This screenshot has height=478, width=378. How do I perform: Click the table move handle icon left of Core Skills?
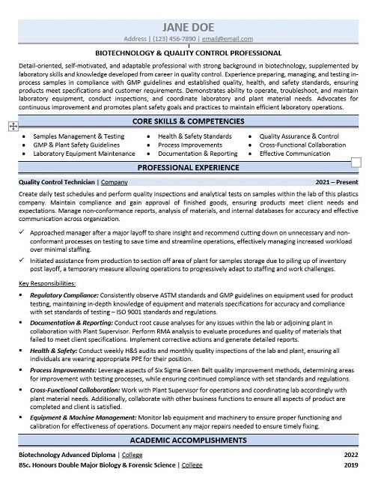[x=10, y=127]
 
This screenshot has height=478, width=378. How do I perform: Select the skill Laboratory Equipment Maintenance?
[x=84, y=153]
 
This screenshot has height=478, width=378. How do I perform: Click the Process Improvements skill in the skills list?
[x=189, y=145]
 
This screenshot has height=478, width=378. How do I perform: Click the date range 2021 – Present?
[x=337, y=182]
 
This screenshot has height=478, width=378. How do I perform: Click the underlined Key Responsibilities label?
[x=46, y=283]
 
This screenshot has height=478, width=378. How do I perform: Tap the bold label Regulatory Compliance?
[x=65, y=294]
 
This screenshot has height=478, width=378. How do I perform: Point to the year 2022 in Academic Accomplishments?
[x=350, y=455]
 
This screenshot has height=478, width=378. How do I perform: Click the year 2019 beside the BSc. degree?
[x=350, y=465]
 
